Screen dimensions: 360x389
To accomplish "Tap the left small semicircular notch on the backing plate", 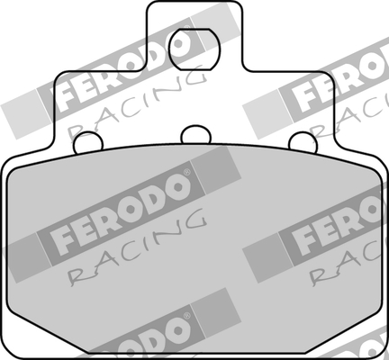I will (x=86, y=141).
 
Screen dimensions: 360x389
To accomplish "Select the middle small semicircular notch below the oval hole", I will (x=194, y=136).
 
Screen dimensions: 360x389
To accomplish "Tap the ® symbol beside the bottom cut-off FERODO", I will (x=186, y=318).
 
